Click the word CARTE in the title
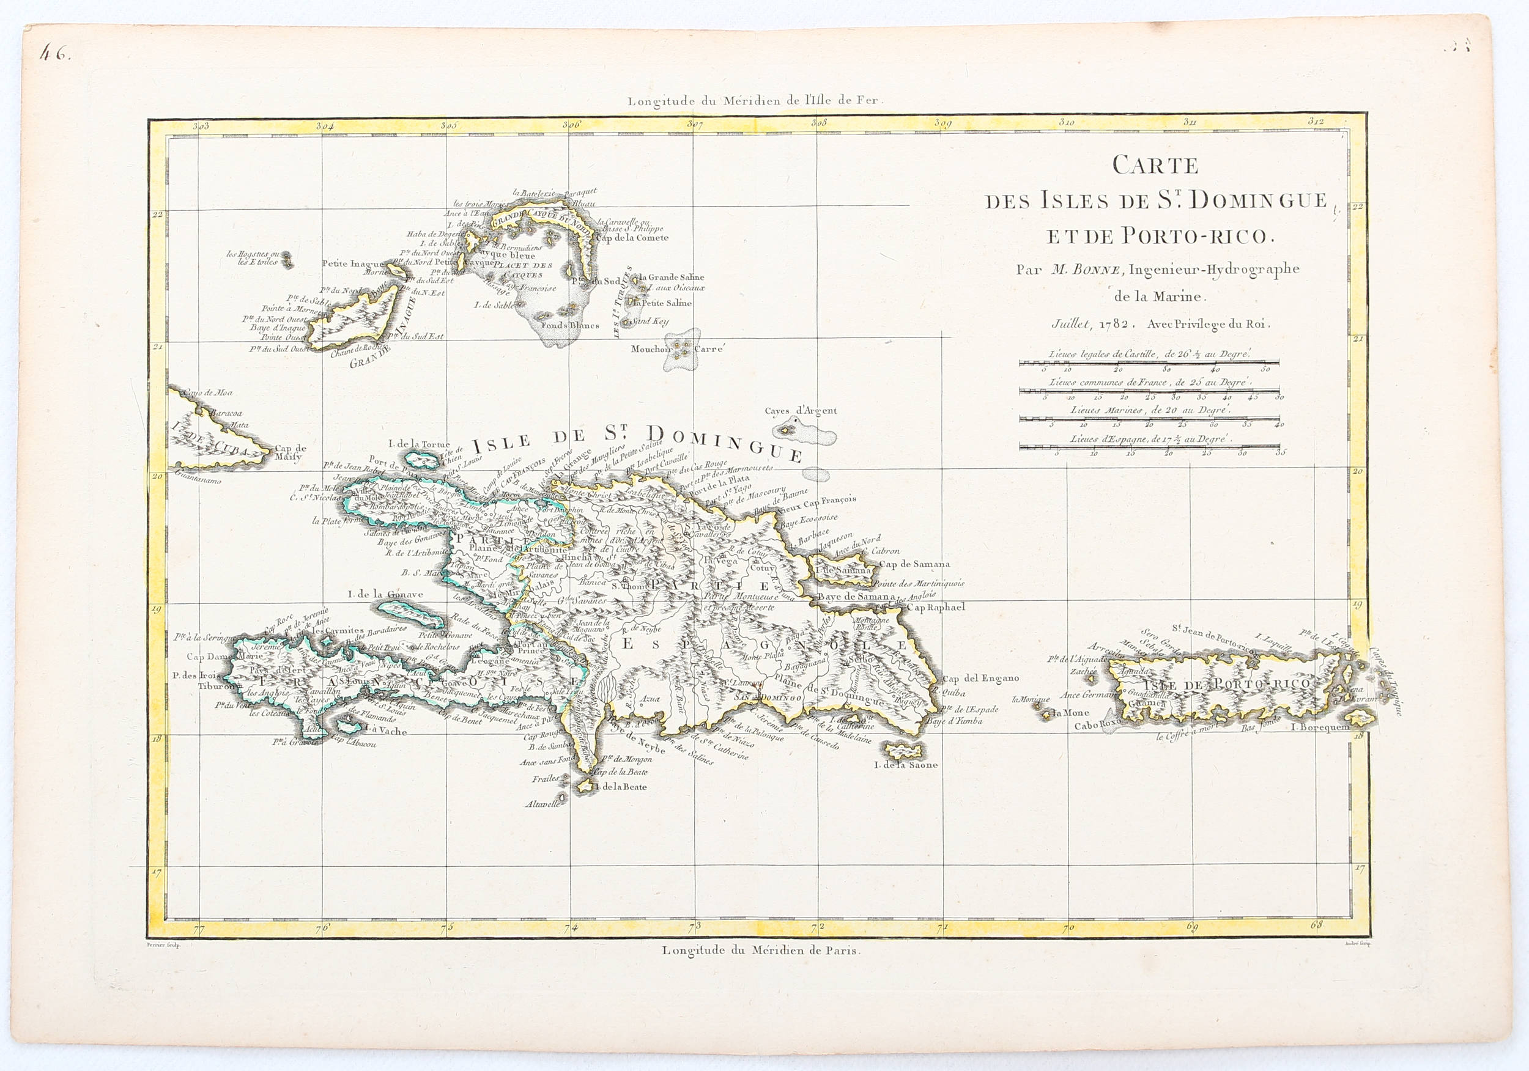tap(1155, 165)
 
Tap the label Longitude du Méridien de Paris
tap(760, 951)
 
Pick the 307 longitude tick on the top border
tap(695, 125)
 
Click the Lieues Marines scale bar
tap(1149, 419)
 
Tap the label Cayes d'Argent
tap(800, 411)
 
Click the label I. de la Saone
tap(905, 765)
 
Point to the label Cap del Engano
tap(980, 679)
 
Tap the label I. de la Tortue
tap(419, 444)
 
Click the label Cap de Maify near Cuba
tap(291, 452)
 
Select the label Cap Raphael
tap(936, 607)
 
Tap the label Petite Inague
tap(352, 263)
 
